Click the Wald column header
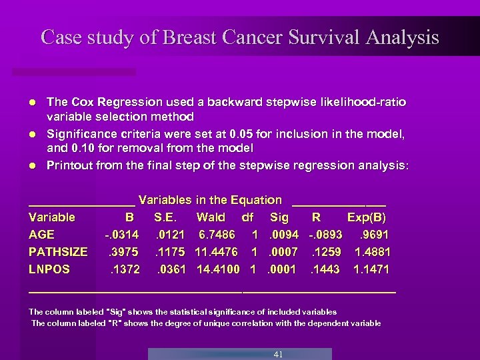click(211, 217)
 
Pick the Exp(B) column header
click(366, 217)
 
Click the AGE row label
click(42, 235)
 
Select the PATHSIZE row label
click(58, 252)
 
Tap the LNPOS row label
click(49, 269)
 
